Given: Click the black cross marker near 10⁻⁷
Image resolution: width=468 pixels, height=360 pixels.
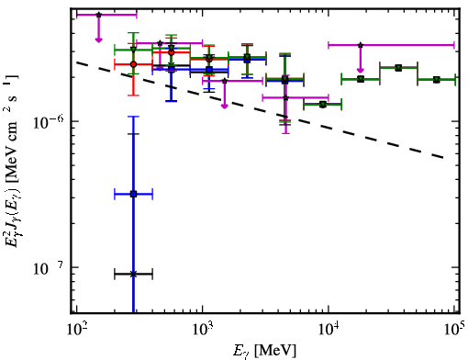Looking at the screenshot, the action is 133,274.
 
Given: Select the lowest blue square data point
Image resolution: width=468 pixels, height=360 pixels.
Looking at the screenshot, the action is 133,194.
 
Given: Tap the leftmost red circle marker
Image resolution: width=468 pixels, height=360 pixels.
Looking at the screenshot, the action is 133,64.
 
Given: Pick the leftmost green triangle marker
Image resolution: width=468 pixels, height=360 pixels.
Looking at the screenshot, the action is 133,50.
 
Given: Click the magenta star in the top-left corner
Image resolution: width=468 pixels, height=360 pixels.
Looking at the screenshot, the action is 98,15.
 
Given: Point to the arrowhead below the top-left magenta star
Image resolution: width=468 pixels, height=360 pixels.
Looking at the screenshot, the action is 98,39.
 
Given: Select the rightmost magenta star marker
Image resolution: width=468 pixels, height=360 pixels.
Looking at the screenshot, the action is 361,45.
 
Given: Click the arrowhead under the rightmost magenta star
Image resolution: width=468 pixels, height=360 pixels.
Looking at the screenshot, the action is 361,70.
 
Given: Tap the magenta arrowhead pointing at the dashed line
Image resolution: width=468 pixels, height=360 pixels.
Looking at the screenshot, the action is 225,106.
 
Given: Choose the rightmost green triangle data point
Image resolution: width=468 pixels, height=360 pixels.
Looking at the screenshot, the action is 437,80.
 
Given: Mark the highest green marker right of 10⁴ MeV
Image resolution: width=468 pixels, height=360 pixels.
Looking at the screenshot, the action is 398,68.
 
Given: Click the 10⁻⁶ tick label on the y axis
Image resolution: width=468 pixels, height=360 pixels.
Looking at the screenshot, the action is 49,122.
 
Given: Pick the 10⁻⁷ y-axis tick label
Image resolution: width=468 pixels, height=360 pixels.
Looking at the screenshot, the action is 49,268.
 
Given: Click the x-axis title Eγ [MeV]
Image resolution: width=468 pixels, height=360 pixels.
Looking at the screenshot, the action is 265,351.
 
